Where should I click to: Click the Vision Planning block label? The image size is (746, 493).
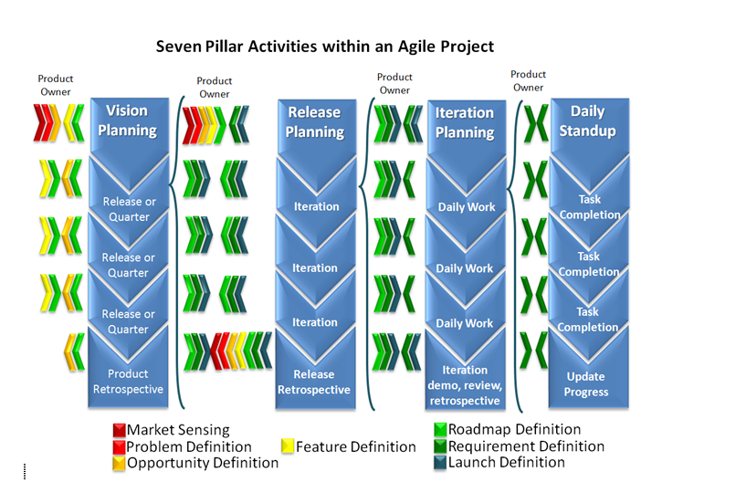click(127, 121)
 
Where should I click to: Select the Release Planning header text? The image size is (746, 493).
click(314, 121)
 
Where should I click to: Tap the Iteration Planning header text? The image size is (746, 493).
click(465, 122)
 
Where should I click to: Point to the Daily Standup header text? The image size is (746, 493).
click(587, 121)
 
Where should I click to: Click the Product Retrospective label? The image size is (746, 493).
click(128, 382)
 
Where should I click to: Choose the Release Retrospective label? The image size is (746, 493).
click(314, 383)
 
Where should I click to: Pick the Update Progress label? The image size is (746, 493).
click(586, 384)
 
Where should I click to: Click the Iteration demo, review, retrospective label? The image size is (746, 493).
click(465, 385)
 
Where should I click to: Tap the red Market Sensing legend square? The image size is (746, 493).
click(119, 430)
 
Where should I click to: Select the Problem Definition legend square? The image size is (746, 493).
click(119, 446)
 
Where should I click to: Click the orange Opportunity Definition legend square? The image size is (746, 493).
click(119, 463)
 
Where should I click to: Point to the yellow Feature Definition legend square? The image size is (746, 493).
click(288, 446)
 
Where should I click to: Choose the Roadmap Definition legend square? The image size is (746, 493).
click(440, 429)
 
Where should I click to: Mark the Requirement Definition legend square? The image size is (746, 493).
click(440, 446)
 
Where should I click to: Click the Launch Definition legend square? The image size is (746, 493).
click(440, 463)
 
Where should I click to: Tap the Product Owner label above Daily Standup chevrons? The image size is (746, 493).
click(528, 81)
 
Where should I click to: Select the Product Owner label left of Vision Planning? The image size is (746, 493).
click(55, 85)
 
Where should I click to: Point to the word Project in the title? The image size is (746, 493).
click(468, 47)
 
